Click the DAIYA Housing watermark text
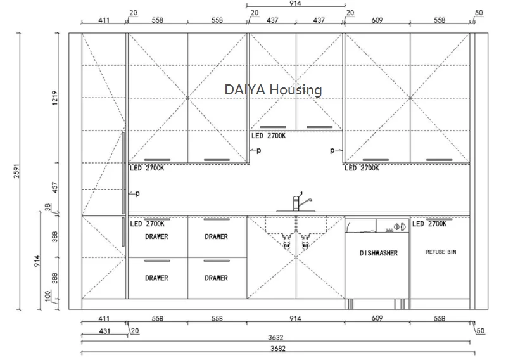(x=273, y=89)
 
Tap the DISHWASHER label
(x=379, y=253)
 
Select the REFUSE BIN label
(x=440, y=252)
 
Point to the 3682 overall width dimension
(x=277, y=348)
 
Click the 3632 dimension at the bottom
(x=277, y=337)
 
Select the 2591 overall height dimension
(x=17, y=171)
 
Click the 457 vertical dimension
(x=55, y=188)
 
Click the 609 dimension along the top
(x=377, y=20)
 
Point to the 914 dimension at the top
(x=295, y=4)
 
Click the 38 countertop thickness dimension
(x=48, y=207)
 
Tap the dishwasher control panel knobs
(x=399, y=225)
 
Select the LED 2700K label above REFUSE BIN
(x=430, y=224)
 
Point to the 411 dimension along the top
(x=104, y=20)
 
